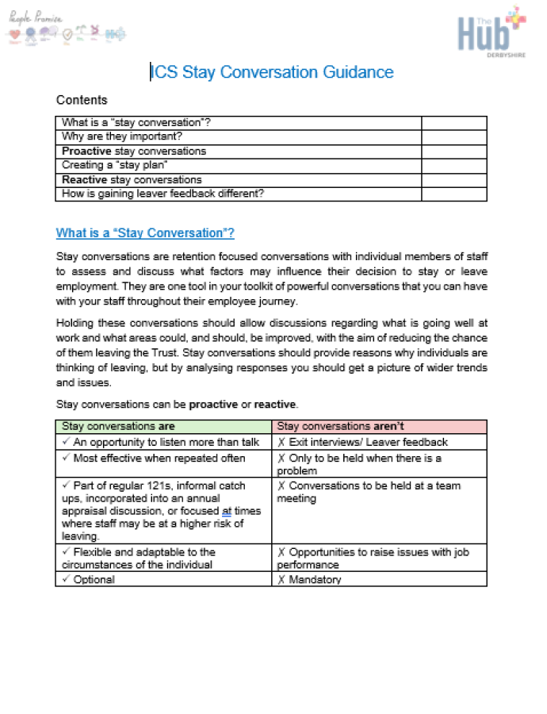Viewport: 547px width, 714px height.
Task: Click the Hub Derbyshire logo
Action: point(491,32)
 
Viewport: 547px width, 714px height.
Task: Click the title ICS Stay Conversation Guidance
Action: point(272,72)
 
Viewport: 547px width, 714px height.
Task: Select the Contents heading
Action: point(82,101)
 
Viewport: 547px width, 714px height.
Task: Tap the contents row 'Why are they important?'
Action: point(128,136)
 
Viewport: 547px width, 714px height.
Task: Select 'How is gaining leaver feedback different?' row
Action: point(163,194)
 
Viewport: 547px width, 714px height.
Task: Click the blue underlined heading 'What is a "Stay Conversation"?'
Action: point(145,233)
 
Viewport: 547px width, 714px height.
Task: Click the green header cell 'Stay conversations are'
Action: point(118,427)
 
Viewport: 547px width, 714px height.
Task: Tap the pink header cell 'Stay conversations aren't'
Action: point(341,427)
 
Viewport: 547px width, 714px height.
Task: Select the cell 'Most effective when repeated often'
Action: point(159,458)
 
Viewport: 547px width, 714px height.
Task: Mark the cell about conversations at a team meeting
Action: point(369,492)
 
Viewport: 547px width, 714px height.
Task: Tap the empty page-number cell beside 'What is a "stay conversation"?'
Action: point(453,122)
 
